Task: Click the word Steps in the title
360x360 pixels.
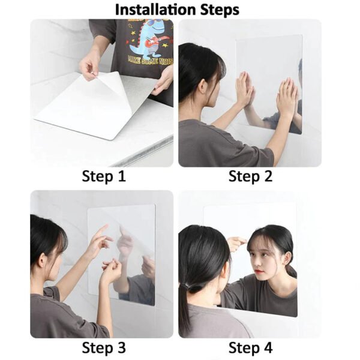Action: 217,10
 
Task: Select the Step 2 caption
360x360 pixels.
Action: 250,176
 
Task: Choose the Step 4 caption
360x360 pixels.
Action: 250,347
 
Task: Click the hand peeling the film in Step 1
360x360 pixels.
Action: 90,63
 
